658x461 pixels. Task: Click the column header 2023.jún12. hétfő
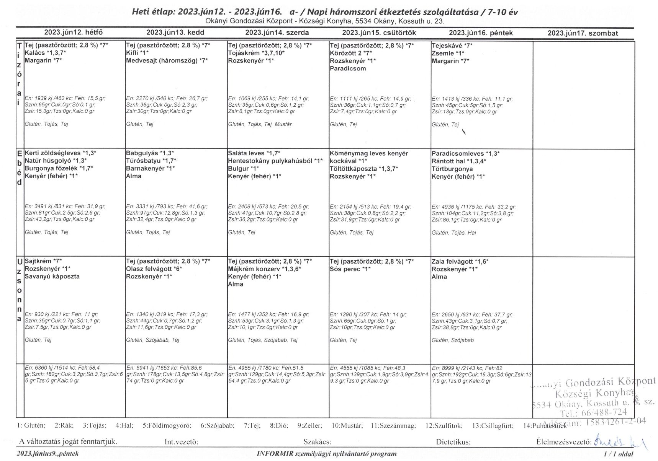click(x=73, y=33)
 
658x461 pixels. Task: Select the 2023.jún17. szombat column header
click(x=583, y=33)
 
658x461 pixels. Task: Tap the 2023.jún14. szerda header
click(x=277, y=33)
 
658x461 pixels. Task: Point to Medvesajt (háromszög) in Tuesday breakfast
click(x=167, y=61)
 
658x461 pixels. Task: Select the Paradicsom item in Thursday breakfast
click(x=348, y=68)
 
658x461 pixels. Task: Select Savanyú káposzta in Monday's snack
click(x=52, y=276)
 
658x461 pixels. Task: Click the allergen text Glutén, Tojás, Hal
click(x=454, y=233)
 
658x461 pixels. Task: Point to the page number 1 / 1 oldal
click(x=618, y=454)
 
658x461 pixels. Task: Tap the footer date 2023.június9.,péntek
click(x=48, y=454)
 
